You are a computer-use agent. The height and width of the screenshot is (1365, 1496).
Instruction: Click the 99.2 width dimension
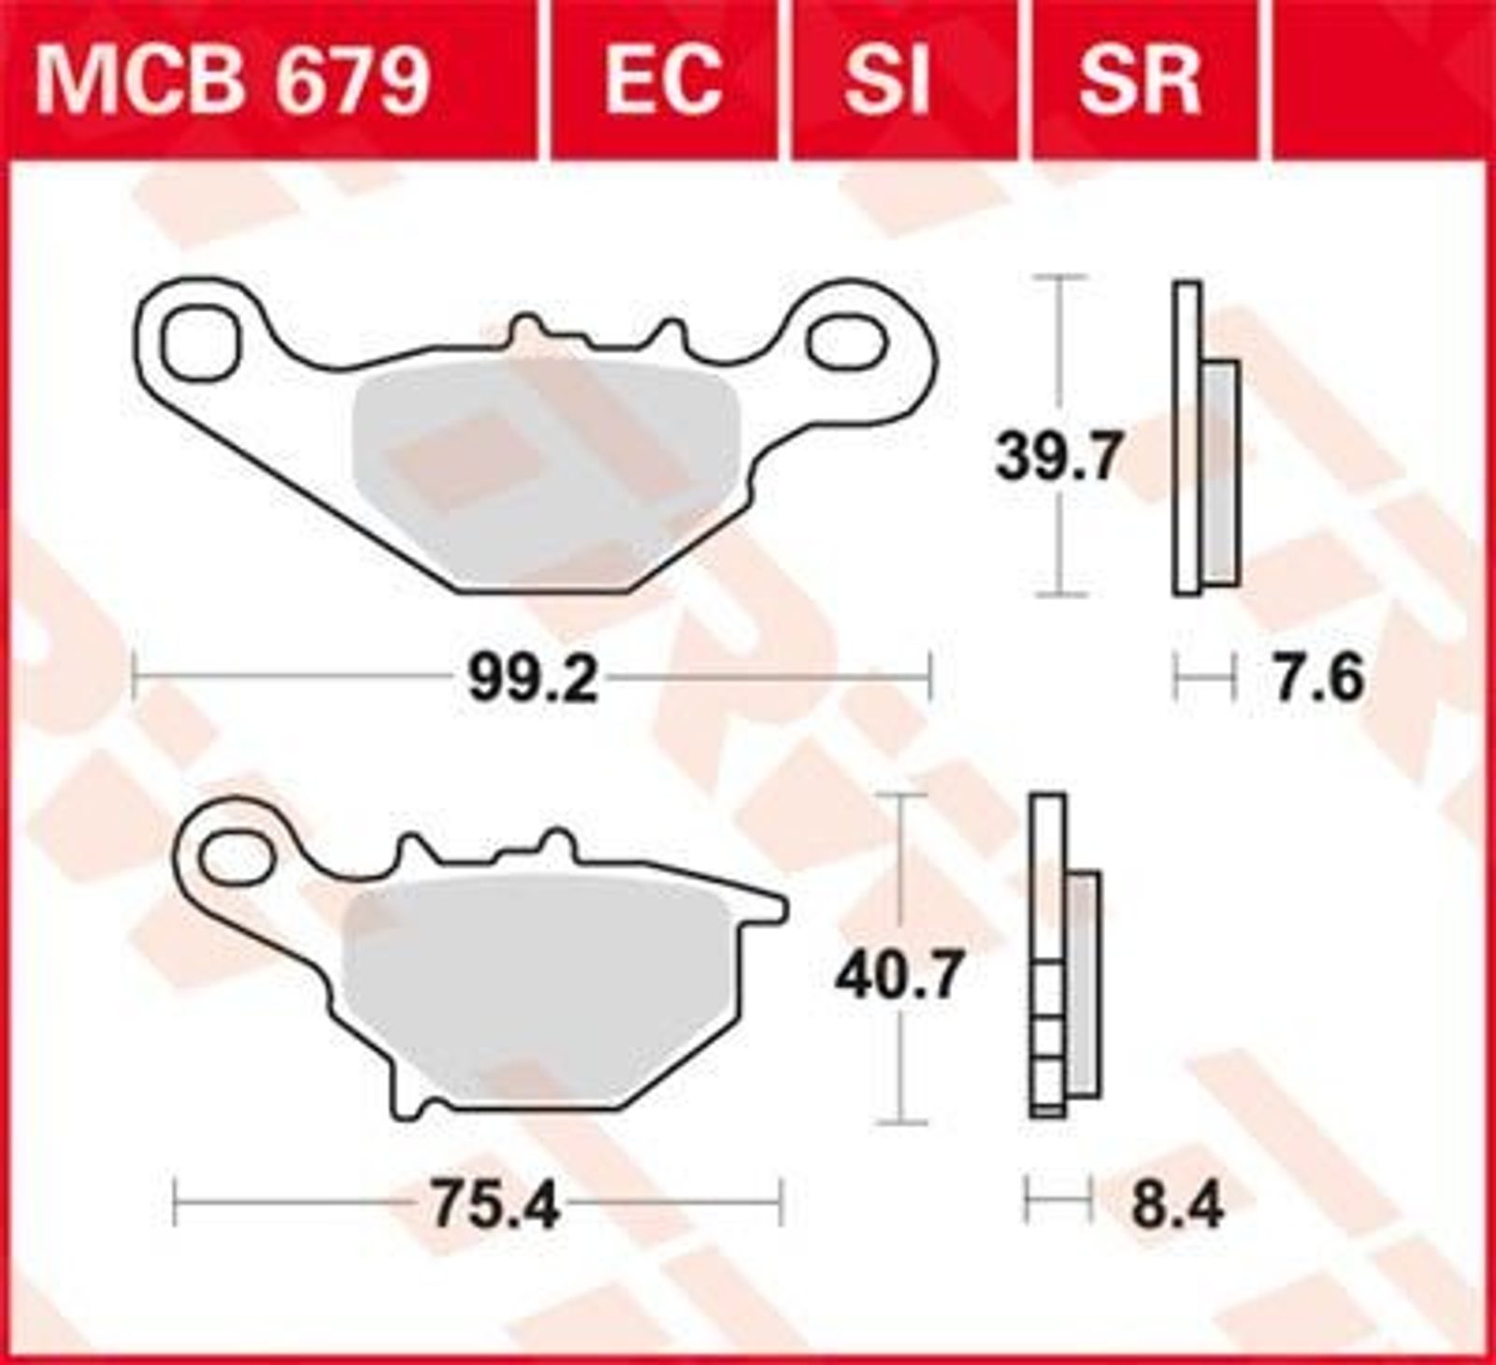[x=532, y=680]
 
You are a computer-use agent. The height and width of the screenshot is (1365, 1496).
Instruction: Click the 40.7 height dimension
[x=899, y=977]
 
